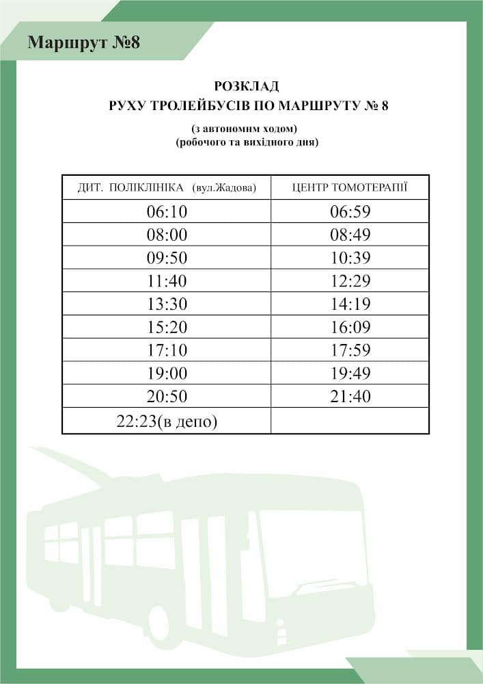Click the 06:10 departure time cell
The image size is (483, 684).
coord(167,212)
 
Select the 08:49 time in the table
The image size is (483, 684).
coord(350,235)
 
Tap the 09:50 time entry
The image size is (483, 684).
coord(167,259)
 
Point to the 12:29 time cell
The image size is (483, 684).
coord(350,281)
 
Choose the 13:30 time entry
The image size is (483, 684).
coord(167,304)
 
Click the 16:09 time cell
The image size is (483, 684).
coord(350,328)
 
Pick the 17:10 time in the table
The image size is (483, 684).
coord(167,351)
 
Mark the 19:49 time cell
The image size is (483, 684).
coord(350,373)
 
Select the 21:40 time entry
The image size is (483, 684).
coord(350,397)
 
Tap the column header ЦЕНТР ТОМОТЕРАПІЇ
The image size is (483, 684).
coord(350,187)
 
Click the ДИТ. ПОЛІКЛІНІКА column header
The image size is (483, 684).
coord(130,187)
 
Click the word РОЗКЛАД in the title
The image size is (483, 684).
coord(247,86)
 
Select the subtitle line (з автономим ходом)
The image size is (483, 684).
coord(246,129)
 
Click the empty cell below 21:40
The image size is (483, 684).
coord(350,421)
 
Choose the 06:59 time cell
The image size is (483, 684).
coord(350,212)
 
